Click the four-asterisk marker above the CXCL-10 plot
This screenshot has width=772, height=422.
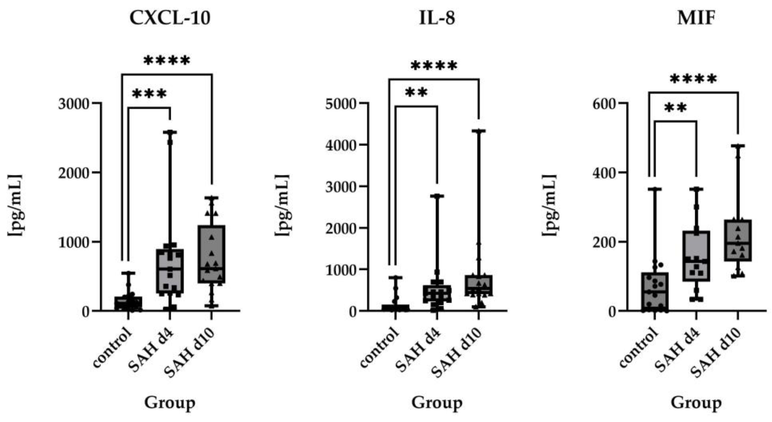pyautogui.click(x=167, y=61)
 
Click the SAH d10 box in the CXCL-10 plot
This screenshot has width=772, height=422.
pyautogui.click(x=212, y=254)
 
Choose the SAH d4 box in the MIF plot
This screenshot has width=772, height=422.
pyautogui.click(x=696, y=256)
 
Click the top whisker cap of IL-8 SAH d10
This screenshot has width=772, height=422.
pyautogui.click(x=479, y=131)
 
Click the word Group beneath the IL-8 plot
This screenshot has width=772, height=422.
pyautogui.click(x=437, y=403)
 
